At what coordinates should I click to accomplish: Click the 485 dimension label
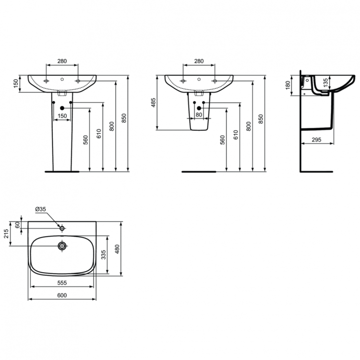tap(153, 102)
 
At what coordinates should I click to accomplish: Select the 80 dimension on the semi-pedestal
tap(199, 115)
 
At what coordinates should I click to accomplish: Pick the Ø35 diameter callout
tap(40, 209)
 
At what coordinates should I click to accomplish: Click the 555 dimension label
tap(62, 283)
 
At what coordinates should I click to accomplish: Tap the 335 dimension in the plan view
tap(102, 255)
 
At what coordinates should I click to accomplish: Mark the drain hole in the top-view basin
tap(62, 246)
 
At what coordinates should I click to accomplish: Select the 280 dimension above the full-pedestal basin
tap(62, 61)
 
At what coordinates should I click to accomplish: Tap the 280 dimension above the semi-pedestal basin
tap(199, 61)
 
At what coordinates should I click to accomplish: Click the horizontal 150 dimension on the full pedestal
tap(62, 116)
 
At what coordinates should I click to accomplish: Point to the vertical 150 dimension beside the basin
tap(15, 84)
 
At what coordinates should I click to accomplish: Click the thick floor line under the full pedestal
tap(61, 170)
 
